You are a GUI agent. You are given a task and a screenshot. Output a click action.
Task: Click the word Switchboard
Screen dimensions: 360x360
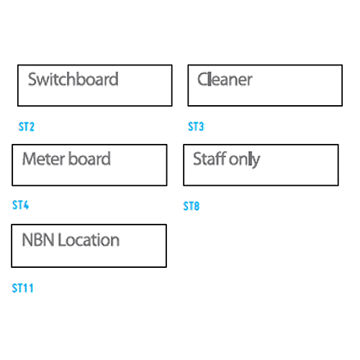(73, 79)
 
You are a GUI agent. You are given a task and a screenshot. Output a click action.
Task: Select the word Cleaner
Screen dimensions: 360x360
(225, 79)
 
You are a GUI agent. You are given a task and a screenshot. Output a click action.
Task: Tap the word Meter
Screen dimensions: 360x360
(44, 158)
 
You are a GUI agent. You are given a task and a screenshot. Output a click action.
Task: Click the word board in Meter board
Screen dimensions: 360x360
(89, 158)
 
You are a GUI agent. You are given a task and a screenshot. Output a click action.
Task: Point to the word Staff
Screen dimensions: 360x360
(210, 158)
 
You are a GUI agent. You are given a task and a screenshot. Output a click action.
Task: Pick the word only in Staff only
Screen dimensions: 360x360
(244, 160)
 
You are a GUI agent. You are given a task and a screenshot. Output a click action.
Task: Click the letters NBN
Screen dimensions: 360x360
(38, 240)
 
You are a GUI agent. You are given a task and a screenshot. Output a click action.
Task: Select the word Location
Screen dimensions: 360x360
(89, 240)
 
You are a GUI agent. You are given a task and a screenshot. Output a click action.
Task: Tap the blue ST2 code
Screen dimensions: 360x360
(27, 127)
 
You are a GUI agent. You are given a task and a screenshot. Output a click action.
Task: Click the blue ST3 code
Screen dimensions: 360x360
(196, 126)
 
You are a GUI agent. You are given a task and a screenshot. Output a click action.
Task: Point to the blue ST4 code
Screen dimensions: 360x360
(20, 205)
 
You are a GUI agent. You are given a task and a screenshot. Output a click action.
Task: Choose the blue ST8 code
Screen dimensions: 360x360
(192, 206)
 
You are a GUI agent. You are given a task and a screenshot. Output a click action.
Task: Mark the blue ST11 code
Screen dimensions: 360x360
(22, 288)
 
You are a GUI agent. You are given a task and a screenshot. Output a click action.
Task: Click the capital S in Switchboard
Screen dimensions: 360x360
(32, 79)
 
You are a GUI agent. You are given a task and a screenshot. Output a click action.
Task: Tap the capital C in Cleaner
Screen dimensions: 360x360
(202, 79)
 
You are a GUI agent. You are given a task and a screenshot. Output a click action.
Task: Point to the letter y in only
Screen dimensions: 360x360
(256, 162)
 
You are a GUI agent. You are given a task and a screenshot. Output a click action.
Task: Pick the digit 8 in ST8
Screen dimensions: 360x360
(197, 206)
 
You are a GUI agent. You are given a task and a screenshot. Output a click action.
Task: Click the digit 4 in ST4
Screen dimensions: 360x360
(25, 205)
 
